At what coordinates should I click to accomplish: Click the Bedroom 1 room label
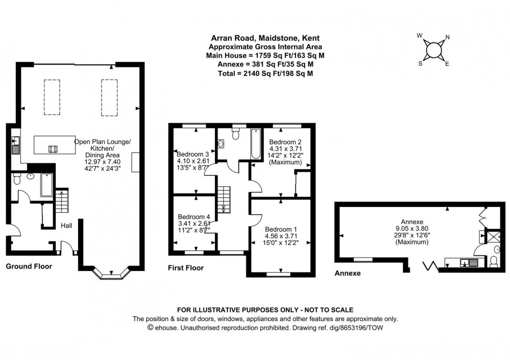[282, 229]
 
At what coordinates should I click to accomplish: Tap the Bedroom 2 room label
[285, 142]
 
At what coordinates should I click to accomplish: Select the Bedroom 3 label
[193, 154]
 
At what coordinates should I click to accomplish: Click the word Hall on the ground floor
[67, 225]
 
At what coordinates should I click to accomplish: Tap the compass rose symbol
[433, 50]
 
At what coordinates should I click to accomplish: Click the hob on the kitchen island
[53, 149]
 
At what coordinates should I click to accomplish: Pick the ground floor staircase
[62, 200]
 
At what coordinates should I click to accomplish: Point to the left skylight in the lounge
[52, 96]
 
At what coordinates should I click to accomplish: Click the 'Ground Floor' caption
[29, 266]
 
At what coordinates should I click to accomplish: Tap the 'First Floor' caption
[186, 268]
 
